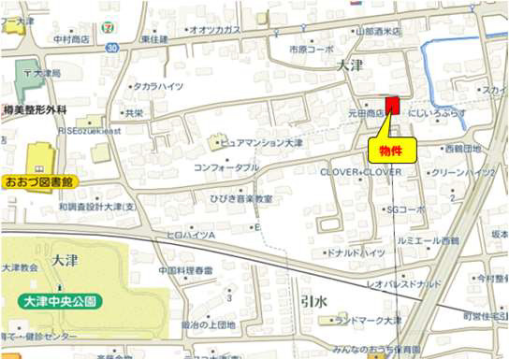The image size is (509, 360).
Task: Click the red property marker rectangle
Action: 392,105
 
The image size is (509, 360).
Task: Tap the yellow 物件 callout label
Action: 392,150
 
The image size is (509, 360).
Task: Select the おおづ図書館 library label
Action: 39,180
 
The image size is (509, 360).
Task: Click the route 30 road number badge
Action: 112,46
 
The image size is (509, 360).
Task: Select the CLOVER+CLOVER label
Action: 361,173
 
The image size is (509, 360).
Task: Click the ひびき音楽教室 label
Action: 241,199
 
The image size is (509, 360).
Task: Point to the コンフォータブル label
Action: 226,168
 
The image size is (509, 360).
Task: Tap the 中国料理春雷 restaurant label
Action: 185,270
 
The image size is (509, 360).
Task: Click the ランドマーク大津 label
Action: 371,321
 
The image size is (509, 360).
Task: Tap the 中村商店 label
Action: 71,39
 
